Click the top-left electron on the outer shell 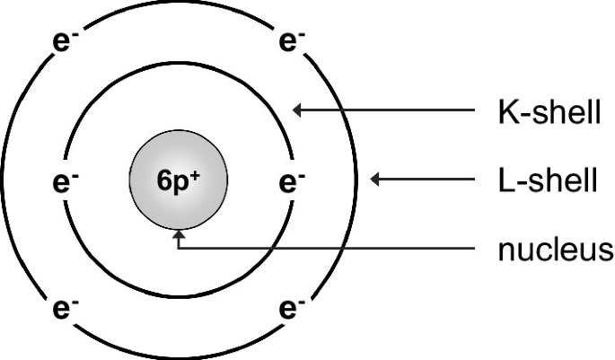(63, 41)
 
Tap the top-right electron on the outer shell (289, 41)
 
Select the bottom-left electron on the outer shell (63, 311)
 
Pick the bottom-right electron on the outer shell (289, 311)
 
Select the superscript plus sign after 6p (194, 174)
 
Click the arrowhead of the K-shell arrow (300, 110)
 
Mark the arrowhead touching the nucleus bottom (179, 235)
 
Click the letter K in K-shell (507, 113)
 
